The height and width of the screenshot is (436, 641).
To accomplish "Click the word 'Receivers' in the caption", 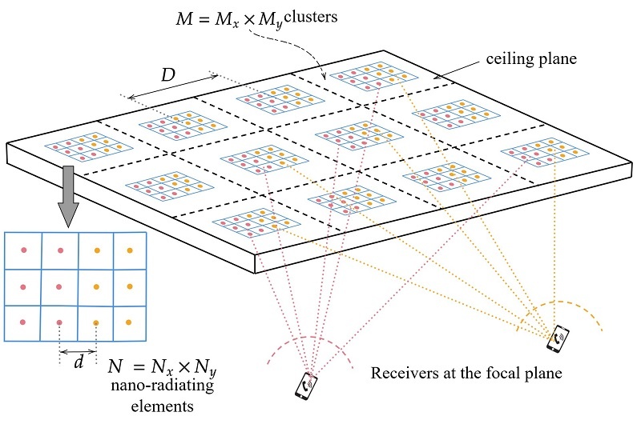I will (x=400, y=374).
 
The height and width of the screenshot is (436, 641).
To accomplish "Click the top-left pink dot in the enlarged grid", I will (x=23, y=250).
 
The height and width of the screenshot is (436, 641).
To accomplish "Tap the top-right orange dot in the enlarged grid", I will (x=130, y=250).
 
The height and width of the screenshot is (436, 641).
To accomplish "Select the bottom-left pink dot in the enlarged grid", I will (x=23, y=322).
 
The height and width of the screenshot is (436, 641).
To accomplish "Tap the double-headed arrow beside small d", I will (x=78, y=351).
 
